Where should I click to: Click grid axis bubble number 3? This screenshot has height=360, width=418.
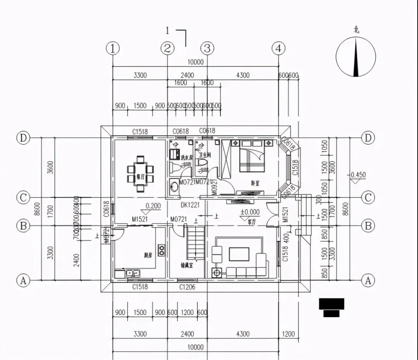click(207, 48)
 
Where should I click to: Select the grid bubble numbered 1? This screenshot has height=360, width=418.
click(113, 48)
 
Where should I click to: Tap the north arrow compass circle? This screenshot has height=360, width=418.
click(356, 57)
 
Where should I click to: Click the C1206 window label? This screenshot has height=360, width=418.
click(187, 287)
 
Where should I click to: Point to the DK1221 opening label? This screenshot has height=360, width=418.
click(190, 205)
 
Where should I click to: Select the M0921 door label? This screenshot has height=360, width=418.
click(214, 186)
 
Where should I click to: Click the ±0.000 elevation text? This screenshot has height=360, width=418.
click(250, 212)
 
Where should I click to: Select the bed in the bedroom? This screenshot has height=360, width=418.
click(252, 156)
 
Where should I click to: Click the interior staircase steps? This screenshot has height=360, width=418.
click(195, 242)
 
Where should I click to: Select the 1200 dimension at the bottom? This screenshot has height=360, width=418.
click(288, 334)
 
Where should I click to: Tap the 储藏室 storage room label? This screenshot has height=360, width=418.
click(187, 266)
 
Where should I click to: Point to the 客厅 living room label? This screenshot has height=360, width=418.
click(252, 222)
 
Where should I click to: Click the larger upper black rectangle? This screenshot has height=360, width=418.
click(331, 304)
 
